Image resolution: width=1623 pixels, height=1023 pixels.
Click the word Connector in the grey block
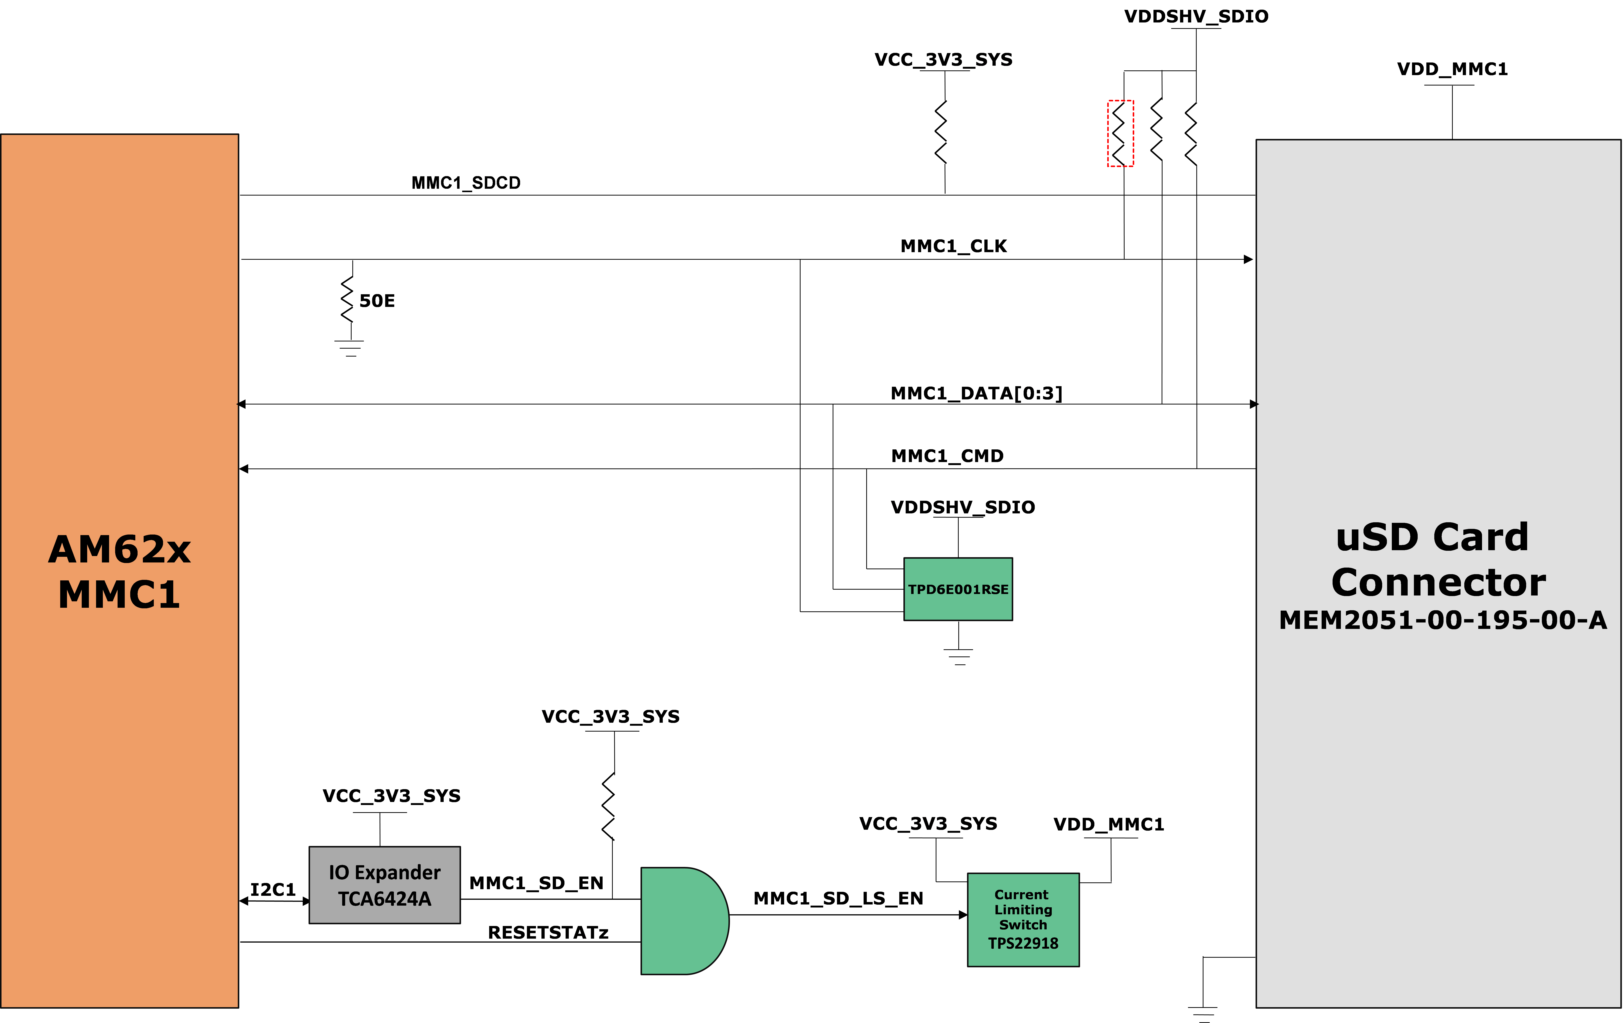point(1438,582)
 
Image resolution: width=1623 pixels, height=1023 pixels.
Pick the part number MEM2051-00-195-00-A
point(1442,620)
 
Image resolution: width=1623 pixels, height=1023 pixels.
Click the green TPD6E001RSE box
point(958,589)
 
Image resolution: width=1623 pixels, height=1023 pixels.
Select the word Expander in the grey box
point(398,873)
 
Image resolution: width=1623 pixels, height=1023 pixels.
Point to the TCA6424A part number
point(384,899)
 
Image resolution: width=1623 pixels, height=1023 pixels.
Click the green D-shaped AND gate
point(681,921)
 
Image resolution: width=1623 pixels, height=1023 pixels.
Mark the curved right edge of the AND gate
point(727,921)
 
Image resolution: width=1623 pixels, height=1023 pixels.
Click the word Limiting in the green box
point(1023,910)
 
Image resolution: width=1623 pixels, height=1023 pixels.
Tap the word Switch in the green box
point(1023,925)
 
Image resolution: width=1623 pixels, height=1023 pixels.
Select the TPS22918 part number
point(1023,944)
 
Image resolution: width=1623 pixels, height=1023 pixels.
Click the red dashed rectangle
point(1120,133)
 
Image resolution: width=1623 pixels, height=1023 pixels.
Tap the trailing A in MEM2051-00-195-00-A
point(1597,620)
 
